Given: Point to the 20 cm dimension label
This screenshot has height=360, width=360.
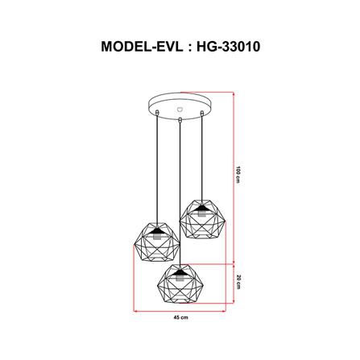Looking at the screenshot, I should click(x=239, y=279).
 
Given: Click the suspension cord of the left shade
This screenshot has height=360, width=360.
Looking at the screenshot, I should click(x=155, y=169).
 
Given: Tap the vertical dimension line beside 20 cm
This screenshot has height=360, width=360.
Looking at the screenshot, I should click(x=233, y=279).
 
